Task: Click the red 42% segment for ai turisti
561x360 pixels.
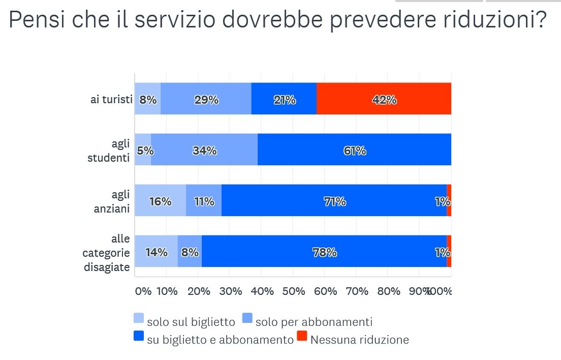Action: point(384,99)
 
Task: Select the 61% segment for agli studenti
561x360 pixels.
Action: point(354,150)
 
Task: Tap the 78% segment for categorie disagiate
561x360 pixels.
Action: point(324,252)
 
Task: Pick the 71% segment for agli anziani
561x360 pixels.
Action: point(334,201)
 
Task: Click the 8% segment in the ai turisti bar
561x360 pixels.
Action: point(148,99)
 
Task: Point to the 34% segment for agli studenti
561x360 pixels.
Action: point(204,150)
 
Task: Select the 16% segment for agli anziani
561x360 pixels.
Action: point(160,201)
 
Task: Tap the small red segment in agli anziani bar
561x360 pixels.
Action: point(449,201)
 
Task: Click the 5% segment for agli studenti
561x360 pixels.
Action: point(143,150)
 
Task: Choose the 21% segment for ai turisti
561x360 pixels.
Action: point(284,99)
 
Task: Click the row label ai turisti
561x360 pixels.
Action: point(111,99)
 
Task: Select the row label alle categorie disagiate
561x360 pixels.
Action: point(107,253)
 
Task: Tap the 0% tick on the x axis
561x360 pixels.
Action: point(143,291)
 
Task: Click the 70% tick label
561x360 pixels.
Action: point(357,291)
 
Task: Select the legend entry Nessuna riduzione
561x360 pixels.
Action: point(359,340)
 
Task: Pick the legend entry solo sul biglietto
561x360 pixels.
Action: point(191,322)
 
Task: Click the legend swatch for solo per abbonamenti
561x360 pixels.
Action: point(247,318)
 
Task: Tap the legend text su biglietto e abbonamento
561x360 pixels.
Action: point(220,340)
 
